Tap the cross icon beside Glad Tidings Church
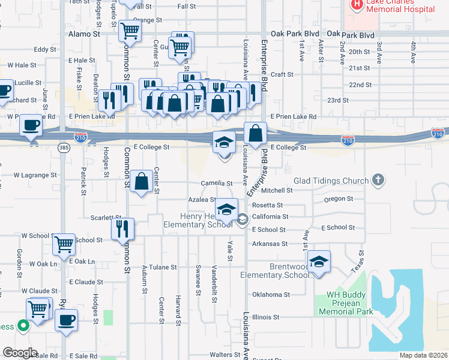coord(378,179)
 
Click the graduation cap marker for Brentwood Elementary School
coord(319,262)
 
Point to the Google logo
coord(20,353)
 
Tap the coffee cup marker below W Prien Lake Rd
coord(31,125)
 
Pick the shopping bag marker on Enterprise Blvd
coord(256,133)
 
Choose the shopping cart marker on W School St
coord(64,244)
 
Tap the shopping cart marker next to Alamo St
coord(130,31)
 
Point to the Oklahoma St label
coord(271,295)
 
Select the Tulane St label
coord(163,267)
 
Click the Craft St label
coord(282,74)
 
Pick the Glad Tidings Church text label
coord(331,181)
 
